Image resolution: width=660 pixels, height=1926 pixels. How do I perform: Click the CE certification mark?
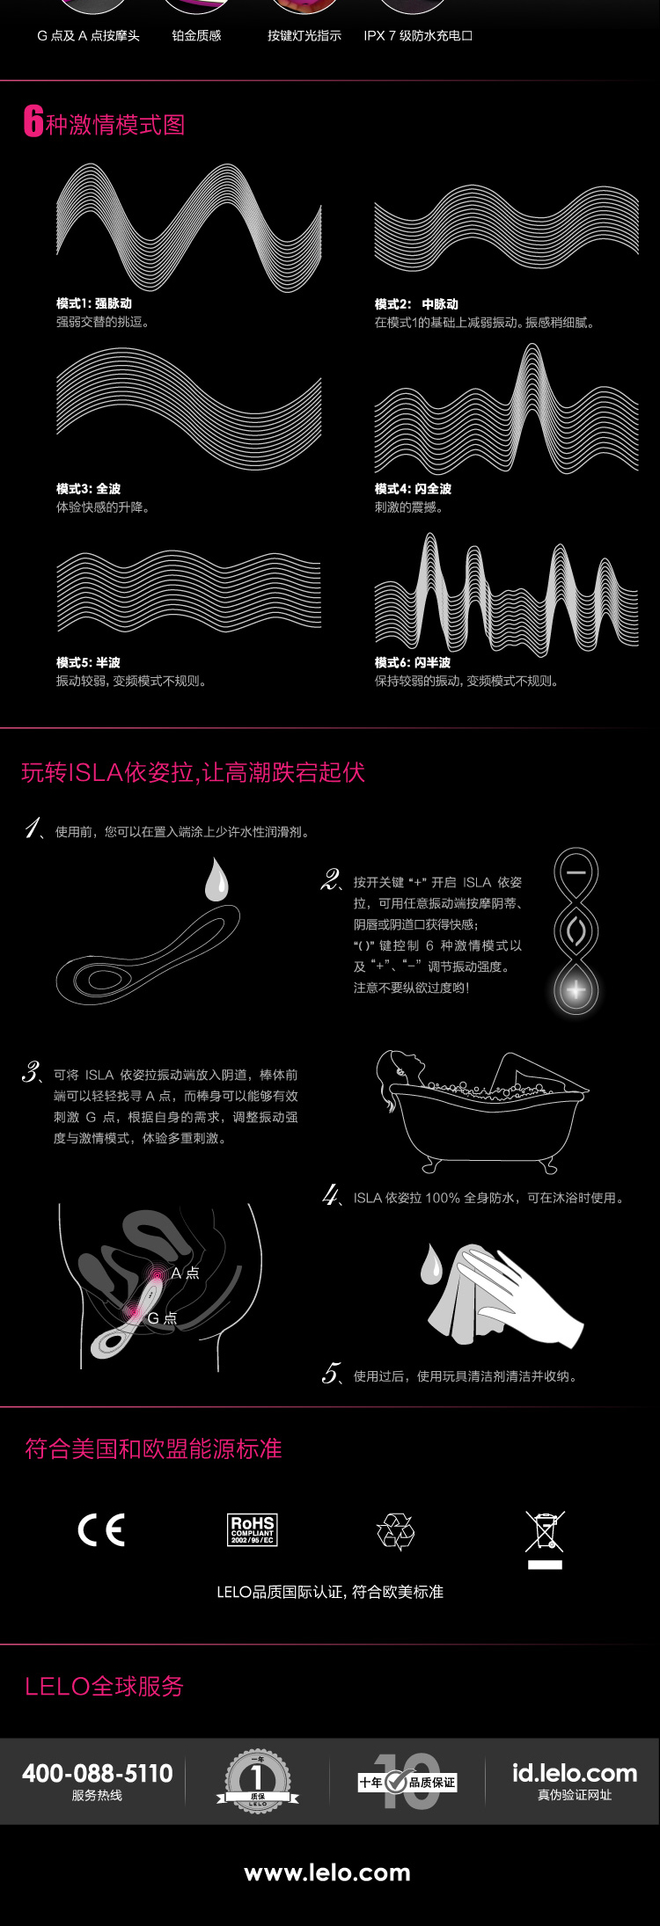click(101, 1529)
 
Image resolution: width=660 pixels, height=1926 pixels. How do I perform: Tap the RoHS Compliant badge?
click(253, 1529)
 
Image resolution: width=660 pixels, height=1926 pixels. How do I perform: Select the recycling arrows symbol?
click(395, 1531)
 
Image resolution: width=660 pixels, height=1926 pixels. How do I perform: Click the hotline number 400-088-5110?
click(98, 1773)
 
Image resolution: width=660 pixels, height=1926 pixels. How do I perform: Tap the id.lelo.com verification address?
click(575, 1773)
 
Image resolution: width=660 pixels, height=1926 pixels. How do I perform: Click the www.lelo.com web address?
click(327, 1873)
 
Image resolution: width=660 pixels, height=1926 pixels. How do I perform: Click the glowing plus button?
click(576, 989)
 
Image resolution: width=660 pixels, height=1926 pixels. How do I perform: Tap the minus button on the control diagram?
click(576, 872)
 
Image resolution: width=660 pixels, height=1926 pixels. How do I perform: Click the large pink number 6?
click(33, 122)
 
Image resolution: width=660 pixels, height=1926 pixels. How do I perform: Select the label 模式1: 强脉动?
click(94, 303)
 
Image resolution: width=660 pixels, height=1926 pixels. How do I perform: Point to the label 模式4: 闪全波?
click(413, 488)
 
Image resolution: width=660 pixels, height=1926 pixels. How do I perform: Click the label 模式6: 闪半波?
click(413, 662)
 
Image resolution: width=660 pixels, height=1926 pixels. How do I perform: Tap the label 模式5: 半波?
click(88, 662)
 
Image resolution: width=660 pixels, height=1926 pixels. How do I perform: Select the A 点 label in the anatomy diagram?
click(185, 1273)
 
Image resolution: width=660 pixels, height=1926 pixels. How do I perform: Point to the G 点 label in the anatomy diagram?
click(162, 1317)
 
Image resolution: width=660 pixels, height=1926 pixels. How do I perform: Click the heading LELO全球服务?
click(104, 1686)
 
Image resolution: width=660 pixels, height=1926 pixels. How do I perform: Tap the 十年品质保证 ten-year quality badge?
click(407, 1782)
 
